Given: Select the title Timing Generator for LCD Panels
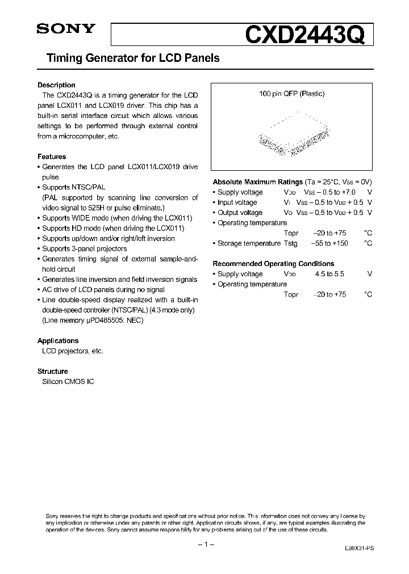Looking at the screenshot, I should (128, 58).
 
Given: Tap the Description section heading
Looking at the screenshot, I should (56, 85).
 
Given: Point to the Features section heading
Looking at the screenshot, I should (52, 157).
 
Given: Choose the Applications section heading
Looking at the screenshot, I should (58, 341).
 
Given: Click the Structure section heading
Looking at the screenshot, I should (53, 372).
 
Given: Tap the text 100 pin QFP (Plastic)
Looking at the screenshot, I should (291, 94).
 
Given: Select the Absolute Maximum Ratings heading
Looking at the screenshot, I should (257, 182).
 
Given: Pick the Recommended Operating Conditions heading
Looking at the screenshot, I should (273, 264).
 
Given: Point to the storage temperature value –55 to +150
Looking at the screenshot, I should (329, 243).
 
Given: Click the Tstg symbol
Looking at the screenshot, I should (290, 243).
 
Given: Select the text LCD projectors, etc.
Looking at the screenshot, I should (73, 351).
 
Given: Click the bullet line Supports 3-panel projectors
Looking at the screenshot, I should (82, 249).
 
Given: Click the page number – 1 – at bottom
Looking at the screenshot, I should (204, 545).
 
